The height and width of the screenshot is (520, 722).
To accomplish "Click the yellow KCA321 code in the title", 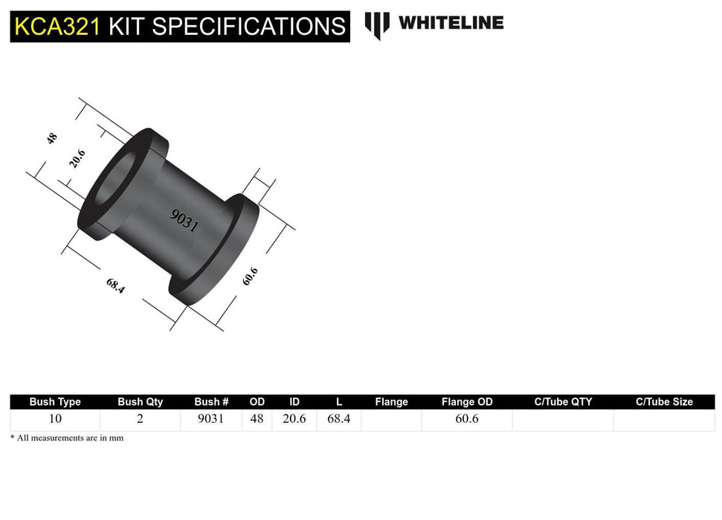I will pos(57,27).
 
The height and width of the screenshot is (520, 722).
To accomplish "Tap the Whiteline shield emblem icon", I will pos(377,25).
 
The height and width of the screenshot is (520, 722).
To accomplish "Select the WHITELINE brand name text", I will pos(451,23).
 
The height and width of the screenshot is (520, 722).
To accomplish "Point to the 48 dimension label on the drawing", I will pos(52,138).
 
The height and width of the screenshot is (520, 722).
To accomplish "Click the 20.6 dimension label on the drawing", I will pos(77,158).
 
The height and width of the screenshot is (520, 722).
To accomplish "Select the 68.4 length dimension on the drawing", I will pos(115,285).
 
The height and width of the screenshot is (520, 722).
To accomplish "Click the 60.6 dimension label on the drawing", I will pos(250,276).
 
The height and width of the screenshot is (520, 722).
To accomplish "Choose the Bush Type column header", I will pos(55,402).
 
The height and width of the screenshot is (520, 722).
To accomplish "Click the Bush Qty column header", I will pos(140,402).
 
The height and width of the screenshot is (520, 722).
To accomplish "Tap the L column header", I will pos(339,402).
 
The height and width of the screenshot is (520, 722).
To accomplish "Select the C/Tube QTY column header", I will pos(563,402).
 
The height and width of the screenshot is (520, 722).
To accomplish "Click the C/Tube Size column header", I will pos(664,402).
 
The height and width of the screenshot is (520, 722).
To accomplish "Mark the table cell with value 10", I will pos(55,419).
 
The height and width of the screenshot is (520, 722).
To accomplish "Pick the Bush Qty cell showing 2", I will pos(140,419).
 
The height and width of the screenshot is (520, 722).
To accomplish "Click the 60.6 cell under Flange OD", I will pos(467,419).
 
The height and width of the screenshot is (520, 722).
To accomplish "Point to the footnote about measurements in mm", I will pos(67,438).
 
